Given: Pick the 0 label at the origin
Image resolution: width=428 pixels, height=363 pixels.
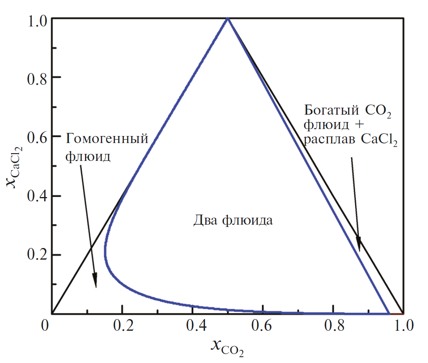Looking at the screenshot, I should click(46, 325).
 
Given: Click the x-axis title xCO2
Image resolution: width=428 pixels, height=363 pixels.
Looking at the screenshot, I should click(227, 346).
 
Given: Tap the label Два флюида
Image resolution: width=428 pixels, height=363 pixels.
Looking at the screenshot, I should click(233, 221).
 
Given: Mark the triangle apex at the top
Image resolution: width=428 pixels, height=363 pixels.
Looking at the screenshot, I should click(228, 18).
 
